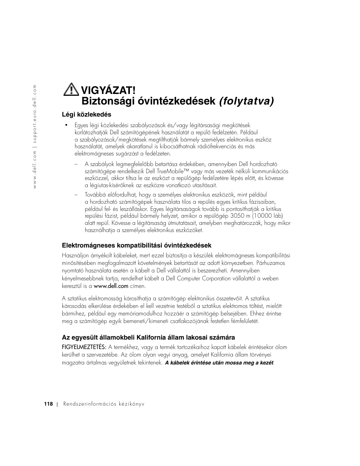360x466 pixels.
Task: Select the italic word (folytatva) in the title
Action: tap(247, 102)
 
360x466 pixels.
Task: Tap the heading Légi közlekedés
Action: tap(86, 114)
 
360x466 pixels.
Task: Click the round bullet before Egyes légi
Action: tap(66, 125)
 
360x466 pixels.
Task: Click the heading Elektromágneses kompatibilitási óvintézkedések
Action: tap(136, 245)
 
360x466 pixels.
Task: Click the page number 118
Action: tap(48, 404)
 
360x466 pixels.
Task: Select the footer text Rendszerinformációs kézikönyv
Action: tap(104, 404)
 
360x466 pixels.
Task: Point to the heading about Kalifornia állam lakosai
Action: tap(148, 337)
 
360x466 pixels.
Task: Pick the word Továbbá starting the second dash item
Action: tap(95, 195)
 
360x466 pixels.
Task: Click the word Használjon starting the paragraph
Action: tap(75, 255)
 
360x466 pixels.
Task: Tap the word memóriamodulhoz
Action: tap(152, 314)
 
